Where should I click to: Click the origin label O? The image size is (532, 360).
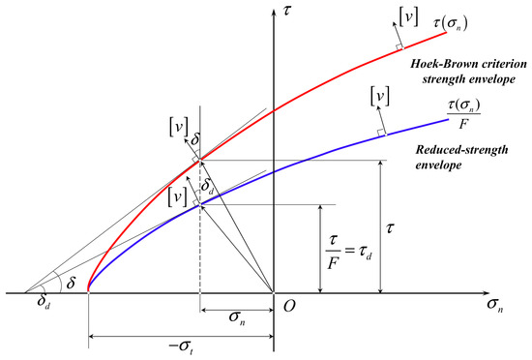(289, 306)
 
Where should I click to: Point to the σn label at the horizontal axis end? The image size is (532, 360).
(494, 304)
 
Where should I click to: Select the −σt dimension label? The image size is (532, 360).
(182, 347)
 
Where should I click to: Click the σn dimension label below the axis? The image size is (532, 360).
(237, 317)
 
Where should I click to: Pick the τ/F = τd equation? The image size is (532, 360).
(348, 252)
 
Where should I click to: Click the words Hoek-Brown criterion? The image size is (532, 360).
(468, 64)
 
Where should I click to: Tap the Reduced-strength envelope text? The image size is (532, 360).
(461, 158)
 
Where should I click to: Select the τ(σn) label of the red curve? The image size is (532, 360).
(451, 23)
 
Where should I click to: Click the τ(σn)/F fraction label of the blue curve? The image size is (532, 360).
(463, 115)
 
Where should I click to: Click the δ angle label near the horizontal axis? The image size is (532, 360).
(71, 283)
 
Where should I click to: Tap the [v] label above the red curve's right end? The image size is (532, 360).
(408, 17)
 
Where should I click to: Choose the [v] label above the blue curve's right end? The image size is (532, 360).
(380, 98)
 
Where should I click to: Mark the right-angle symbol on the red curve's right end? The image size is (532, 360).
(400, 46)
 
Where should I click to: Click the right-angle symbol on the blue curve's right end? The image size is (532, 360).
(381, 133)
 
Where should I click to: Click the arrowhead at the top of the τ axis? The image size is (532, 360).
(274, 12)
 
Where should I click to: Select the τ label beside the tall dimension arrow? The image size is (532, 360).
(390, 228)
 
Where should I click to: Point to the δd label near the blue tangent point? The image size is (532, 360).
(208, 186)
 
